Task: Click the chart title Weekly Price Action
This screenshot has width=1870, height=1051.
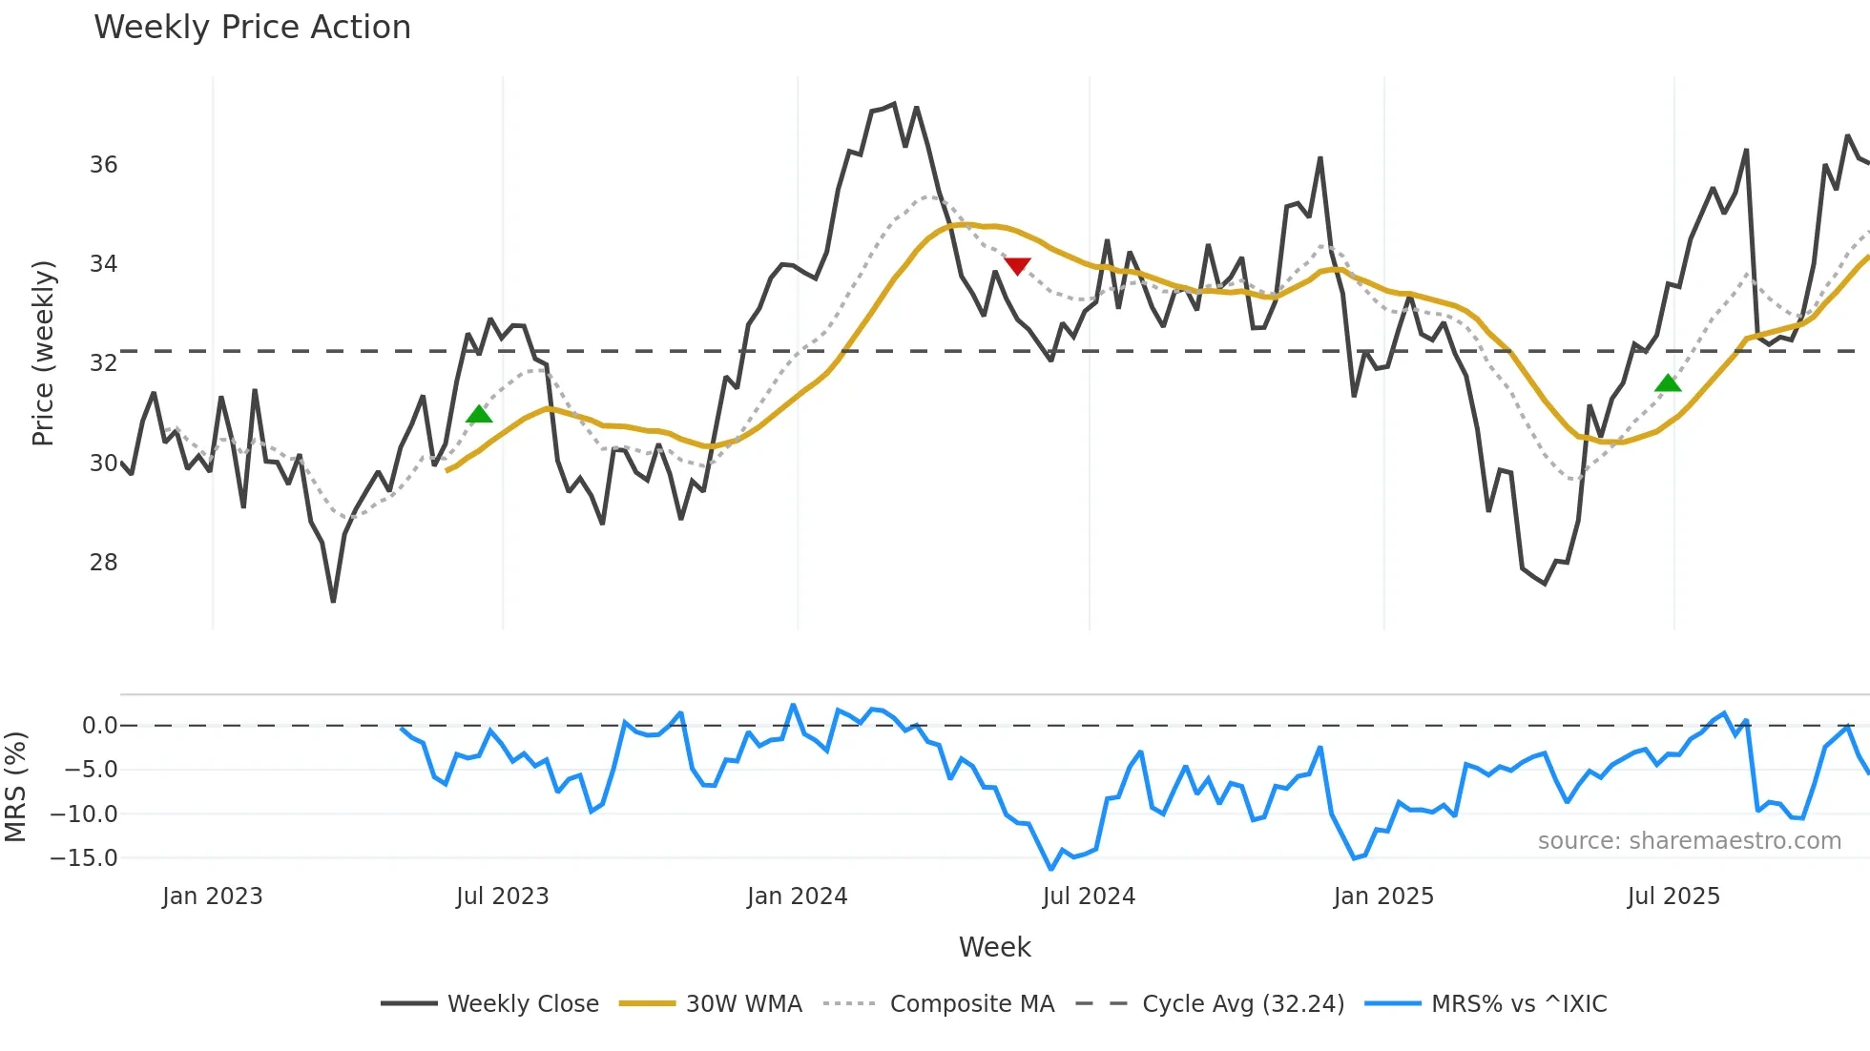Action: click(x=252, y=28)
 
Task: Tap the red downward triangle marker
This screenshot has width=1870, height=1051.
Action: click(x=1017, y=266)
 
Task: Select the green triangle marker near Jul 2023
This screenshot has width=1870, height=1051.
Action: click(x=479, y=414)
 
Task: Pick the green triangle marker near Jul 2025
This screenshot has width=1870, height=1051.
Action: click(x=1668, y=383)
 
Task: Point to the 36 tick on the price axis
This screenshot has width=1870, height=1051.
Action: click(x=104, y=165)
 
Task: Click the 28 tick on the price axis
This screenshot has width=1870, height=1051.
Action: click(x=104, y=563)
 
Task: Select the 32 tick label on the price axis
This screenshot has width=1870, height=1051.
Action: click(x=104, y=363)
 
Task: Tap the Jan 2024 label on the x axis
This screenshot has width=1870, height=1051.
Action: click(x=797, y=896)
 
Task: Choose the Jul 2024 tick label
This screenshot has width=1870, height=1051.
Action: click(x=1089, y=896)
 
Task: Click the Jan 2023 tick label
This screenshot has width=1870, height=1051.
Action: click(x=212, y=896)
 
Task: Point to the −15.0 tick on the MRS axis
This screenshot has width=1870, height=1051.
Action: click(x=84, y=858)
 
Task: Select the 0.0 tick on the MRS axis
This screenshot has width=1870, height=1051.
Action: click(x=99, y=726)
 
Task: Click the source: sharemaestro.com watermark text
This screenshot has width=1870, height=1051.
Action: click(x=1689, y=841)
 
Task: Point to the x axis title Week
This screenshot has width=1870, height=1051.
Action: click(x=994, y=947)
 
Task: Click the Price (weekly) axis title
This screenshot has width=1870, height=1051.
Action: click(x=43, y=353)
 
